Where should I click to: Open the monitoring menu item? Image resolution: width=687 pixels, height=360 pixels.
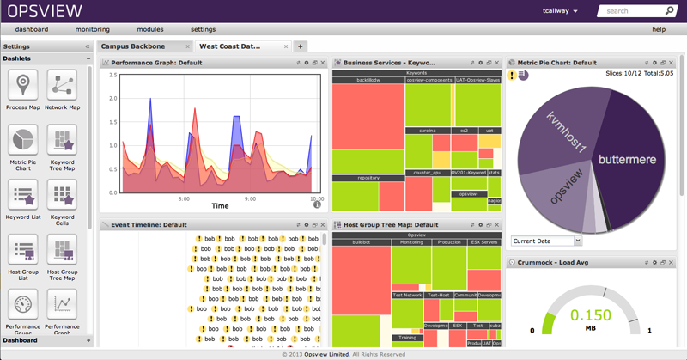[x=92, y=29]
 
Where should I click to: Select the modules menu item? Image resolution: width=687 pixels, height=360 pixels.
[x=149, y=29]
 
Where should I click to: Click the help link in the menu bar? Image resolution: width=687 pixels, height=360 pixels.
[x=659, y=29]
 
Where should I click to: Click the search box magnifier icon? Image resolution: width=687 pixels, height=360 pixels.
[x=670, y=11]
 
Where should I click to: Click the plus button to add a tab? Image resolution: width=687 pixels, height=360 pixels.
[x=300, y=46]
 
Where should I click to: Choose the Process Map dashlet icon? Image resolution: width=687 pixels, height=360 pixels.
[x=23, y=86]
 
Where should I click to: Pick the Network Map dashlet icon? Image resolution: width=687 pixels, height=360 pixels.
[x=62, y=86]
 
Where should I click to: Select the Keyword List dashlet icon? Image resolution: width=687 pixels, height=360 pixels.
[x=23, y=195]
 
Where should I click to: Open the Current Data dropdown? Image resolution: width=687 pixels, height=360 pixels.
[x=546, y=241]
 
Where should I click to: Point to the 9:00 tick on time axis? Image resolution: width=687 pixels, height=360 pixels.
[x=251, y=198]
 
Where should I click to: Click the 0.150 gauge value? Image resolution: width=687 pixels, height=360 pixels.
[x=591, y=315]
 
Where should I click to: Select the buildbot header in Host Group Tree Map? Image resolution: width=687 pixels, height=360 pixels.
[x=361, y=242]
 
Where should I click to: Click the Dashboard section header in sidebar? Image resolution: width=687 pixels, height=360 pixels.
[x=21, y=340]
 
